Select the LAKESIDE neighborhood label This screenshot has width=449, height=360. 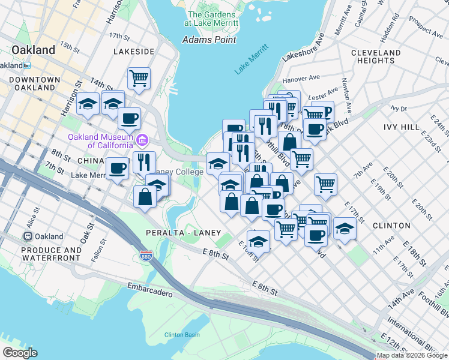point(134,52)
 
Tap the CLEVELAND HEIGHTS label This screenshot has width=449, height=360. point(376,56)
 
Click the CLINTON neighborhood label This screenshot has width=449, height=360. point(391,226)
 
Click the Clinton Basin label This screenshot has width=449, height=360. point(182,334)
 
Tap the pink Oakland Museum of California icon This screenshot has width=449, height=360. point(142,141)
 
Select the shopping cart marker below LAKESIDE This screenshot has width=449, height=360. point(139,77)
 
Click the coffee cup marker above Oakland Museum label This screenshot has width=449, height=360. point(128,118)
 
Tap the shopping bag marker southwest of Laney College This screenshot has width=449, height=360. point(145,197)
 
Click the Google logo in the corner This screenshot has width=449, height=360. point(20,353)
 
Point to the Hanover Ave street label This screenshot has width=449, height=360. point(302,79)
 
